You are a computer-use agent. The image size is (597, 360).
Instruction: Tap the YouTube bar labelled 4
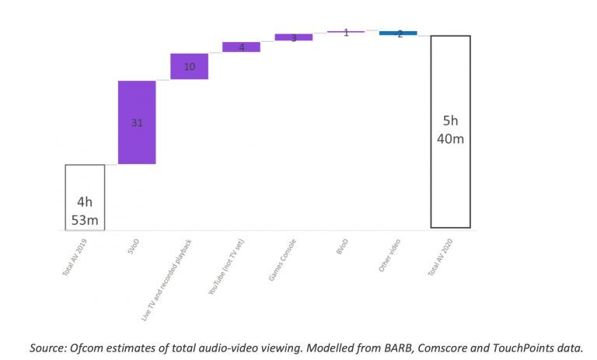(x=241, y=47)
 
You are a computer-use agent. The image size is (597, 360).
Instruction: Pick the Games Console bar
(x=293, y=37)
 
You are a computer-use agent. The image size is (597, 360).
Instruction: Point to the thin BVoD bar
(x=345, y=32)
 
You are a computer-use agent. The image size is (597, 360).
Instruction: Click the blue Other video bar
(x=398, y=33)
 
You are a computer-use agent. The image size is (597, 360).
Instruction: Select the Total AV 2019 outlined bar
(x=85, y=197)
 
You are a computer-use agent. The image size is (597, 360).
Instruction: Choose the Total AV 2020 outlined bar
(x=450, y=131)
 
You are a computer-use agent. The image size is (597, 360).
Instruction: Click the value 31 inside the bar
(x=137, y=123)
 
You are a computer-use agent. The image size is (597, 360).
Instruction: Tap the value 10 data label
(x=189, y=67)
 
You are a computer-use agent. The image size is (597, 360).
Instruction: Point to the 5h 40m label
(x=451, y=130)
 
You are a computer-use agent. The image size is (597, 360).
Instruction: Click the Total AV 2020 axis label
(x=442, y=259)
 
